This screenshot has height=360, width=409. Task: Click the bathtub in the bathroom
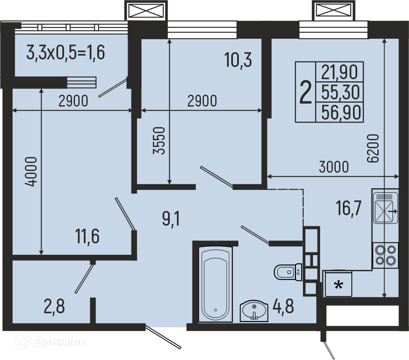pyautogui.click(x=215, y=284)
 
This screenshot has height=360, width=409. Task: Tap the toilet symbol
pyautogui.click(x=288, y=272)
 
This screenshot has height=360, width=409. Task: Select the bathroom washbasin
pyautogui.click(x=254, y=311)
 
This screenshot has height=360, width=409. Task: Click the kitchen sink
pyautogui.click(x=385, y=208)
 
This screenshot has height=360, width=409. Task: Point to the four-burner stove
pyautogui.click(x=385, y=256)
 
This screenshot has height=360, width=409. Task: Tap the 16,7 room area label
pyautogui.click(x=349, y=209)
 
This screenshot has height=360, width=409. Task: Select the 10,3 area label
pyautogui.click(x=238, y=60)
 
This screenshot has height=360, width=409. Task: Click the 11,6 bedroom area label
pyautogui.click(x=87, y=236)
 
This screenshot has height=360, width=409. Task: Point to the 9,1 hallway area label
pyautogui.click(x=171, y=219)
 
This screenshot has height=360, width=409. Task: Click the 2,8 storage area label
pyautogui.click(x=54, y=306)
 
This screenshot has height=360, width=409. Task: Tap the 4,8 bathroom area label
pyautogui.click(x=283, y=306)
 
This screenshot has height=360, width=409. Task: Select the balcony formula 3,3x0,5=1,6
pyautogui.click(x=65, y=52)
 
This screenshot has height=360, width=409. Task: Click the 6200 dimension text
pyautogui.click(x=372, y=149)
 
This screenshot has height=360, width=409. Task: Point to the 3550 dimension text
pyautogui.click(x=159, y=141)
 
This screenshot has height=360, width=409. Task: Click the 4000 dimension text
pyautogui.click(x=31, y=171)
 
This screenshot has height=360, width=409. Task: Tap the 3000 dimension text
pyautogui.click(x=334, y=167)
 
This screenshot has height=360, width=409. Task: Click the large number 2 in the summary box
pyautogui.click(x=305, y=92)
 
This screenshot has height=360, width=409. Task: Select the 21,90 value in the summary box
pyautogui.click(x=339, y=72)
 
